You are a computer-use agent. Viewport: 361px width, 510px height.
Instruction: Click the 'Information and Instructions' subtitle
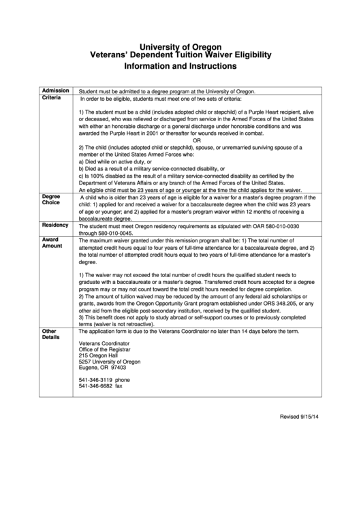click(180, 67)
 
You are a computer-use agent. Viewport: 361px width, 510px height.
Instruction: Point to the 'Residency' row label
click(55, 224)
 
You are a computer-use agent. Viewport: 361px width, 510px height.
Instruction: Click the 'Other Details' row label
click(51, 334)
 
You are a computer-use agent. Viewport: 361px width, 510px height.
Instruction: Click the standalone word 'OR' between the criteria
click(197, 140)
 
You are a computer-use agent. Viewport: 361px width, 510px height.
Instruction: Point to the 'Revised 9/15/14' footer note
click(303, 417)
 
